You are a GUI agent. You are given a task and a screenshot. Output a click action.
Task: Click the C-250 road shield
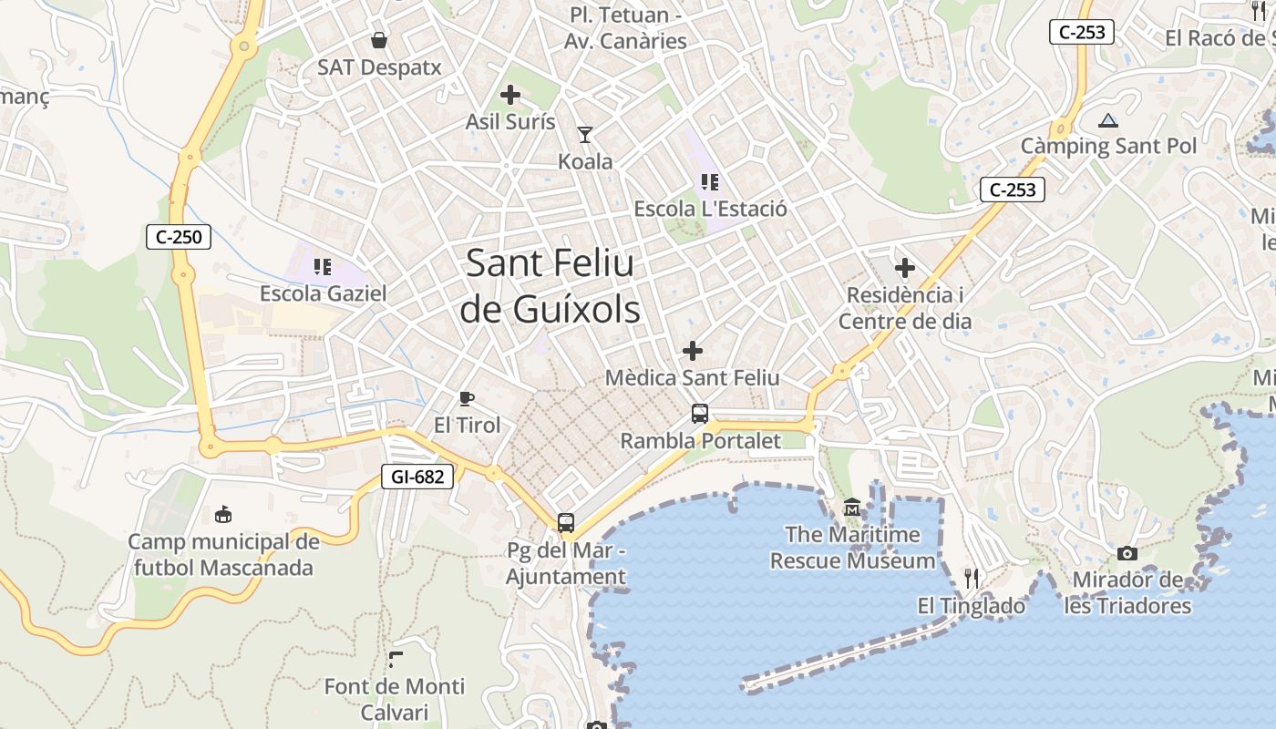179,238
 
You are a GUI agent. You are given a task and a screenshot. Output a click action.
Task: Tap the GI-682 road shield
417,476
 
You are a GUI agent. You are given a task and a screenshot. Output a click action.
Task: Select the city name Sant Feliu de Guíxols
550,286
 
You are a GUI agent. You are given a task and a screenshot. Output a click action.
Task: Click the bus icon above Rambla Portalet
700,414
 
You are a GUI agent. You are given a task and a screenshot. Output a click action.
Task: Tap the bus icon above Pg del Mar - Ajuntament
566,523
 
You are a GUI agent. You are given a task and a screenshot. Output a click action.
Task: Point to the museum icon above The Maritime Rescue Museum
852,508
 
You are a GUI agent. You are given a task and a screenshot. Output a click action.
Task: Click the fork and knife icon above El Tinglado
972,578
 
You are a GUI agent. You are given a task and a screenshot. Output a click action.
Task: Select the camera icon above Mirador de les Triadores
1127,553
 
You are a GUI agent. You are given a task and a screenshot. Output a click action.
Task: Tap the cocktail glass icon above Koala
585,135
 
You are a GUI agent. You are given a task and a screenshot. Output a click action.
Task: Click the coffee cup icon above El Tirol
467,398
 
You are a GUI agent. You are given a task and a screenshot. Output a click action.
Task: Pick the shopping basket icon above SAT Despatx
379,40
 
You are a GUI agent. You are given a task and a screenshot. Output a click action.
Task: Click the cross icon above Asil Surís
510,94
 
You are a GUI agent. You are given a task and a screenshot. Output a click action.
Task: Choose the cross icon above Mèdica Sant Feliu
693,350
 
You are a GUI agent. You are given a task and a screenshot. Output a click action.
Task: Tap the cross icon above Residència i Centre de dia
905,268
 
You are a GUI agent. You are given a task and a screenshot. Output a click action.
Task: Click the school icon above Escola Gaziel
323,266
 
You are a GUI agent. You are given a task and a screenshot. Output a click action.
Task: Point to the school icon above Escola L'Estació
710,181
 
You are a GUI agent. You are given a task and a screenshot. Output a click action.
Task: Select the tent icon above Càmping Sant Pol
1108,119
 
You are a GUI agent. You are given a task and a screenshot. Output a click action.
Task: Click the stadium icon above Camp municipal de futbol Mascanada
223,515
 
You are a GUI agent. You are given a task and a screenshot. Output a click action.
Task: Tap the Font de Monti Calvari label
395,699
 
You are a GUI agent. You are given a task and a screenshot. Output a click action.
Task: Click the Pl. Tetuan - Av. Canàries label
625,28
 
